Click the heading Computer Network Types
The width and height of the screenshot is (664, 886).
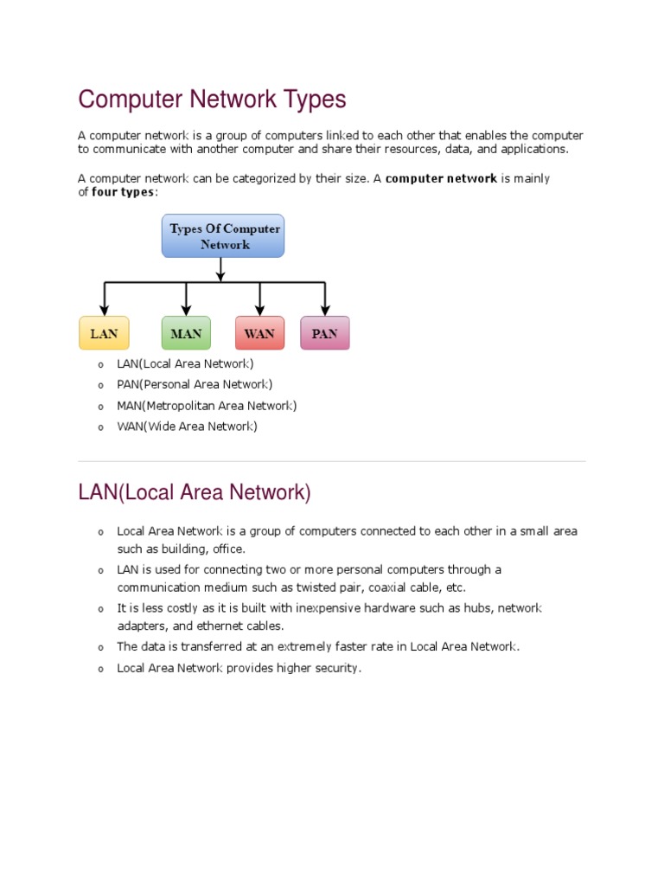tap(212, 100)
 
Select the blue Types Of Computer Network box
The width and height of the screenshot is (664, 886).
tap(223, 236)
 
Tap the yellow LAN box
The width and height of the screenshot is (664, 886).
tap(104, 333)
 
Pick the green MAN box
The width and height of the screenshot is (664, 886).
tap(186, 333)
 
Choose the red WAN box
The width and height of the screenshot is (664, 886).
tap(259, 333)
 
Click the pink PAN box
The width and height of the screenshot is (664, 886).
tap(324, 333)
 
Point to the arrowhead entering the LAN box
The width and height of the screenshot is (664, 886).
tap(105, 310)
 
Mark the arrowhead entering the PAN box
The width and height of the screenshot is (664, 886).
tap(325, 310)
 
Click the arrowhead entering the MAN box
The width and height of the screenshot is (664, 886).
tap(186, 310)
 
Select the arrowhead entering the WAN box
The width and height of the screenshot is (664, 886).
tap(259, 310)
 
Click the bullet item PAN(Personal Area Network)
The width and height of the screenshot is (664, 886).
tap(195, 384)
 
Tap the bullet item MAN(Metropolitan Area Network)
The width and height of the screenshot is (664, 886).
tap(207, 405)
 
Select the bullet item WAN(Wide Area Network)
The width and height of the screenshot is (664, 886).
tap(187, 427)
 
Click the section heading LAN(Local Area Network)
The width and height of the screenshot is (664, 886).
tap(194, 493)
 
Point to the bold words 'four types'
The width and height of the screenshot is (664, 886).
tap(124, 192)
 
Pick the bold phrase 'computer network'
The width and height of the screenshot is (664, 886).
tap(441, 179)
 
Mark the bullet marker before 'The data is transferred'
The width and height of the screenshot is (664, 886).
tap(100, 647)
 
